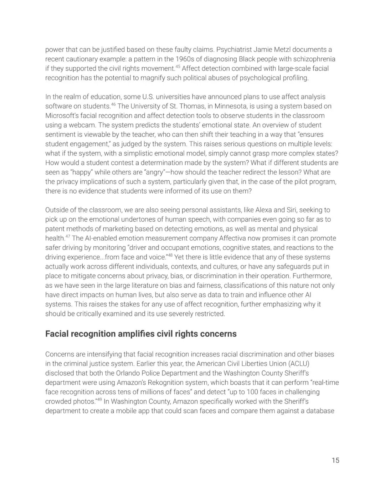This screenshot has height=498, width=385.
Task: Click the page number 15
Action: click(x=335, y=460)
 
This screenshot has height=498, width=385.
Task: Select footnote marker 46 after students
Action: click(x=113, y=104)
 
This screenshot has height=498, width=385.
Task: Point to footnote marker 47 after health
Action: click(x=68, y=236)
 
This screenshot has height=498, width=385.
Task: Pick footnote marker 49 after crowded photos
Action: click(x=99, y=400)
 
